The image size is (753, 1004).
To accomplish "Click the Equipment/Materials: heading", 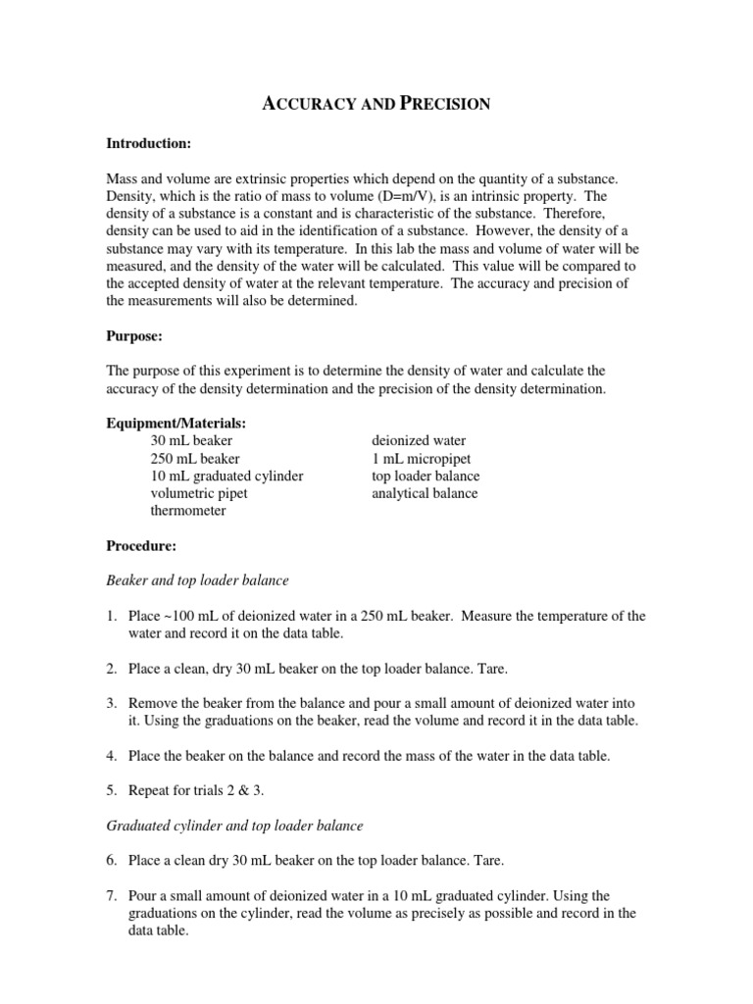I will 176,423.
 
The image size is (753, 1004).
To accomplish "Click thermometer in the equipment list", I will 187,511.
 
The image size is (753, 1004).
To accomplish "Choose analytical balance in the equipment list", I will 425,493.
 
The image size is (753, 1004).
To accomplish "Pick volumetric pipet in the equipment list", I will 200,493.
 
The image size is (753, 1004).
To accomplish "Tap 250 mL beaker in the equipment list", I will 194,458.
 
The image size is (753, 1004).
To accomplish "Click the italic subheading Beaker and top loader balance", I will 197,580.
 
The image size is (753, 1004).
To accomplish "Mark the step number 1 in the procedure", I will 112,616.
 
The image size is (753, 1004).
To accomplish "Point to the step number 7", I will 112,896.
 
